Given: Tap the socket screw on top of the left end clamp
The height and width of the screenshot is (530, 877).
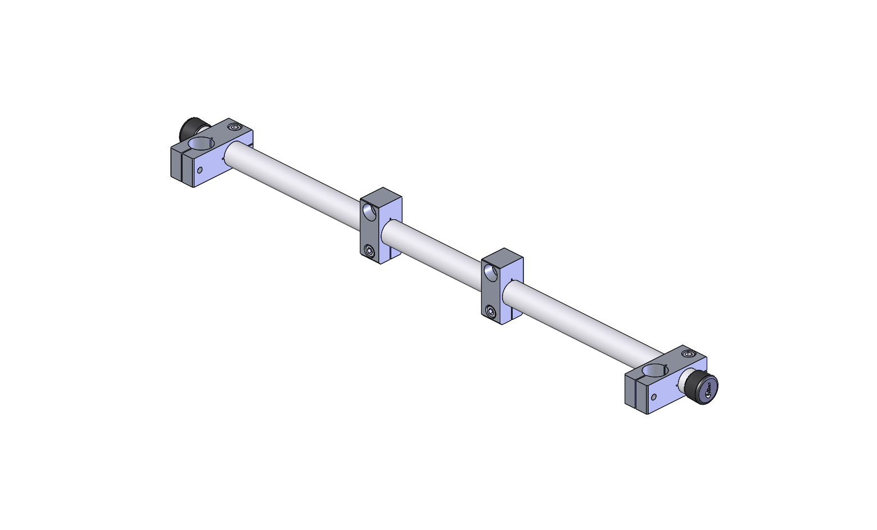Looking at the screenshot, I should [x=235, y=128].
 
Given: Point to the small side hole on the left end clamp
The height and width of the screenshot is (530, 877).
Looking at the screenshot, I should [x=200, y=170].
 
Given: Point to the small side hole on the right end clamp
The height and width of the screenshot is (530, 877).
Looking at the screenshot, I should [x=653, y=397].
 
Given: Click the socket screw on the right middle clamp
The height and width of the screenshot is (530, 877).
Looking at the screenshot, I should [x=491, y=311].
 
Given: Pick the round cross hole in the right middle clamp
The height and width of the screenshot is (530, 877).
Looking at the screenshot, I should [x=491, y=273].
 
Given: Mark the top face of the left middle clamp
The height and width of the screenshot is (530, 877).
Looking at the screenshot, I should [x=381, y=197].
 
